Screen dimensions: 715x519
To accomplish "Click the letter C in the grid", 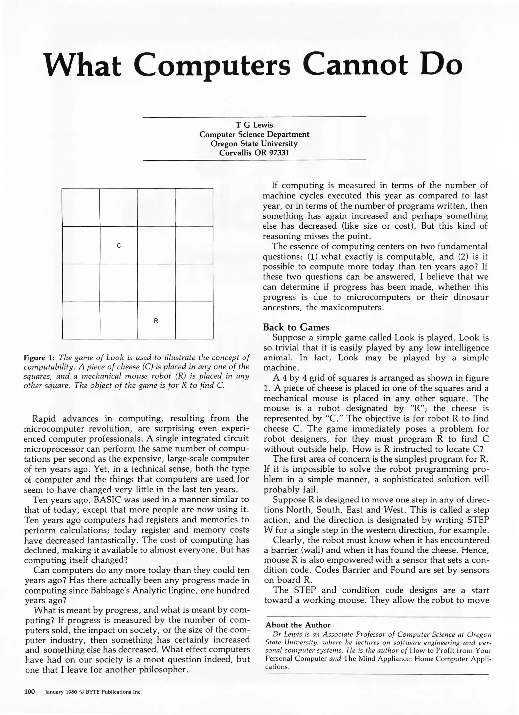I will click(x=119, y=246).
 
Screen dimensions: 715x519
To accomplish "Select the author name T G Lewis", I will click(x=254, y=125).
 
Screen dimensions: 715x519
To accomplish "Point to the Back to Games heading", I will click(x=296, y=327).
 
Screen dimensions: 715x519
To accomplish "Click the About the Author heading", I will click(x=298, y=625).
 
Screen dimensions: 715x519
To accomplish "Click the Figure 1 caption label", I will click(x=39, y=358).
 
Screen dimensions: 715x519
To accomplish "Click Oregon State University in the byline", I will click(x=254, y=144).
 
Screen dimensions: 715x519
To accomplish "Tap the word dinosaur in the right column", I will click(x=471, y=297).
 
